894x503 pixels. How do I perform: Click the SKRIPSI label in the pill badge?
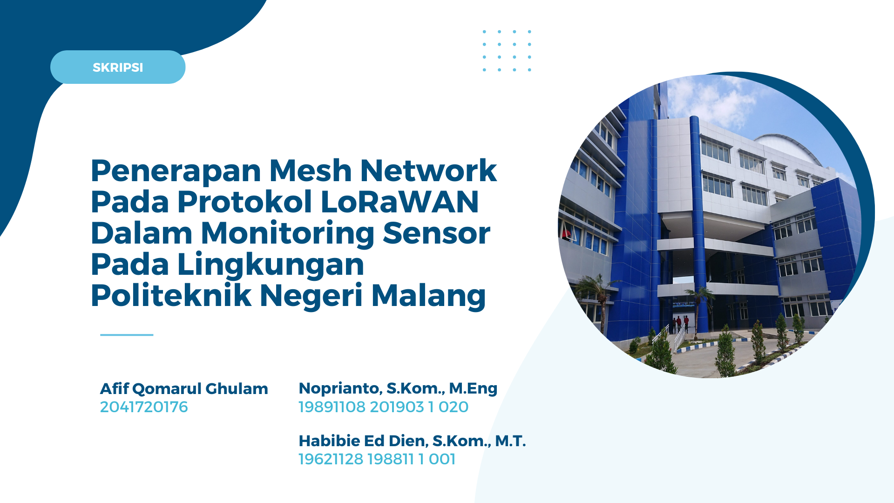coord(118,68)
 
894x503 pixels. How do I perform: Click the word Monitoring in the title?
coord(287,234)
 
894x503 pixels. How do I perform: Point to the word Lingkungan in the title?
coord(271,265)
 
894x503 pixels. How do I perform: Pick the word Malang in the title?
coord(428,297)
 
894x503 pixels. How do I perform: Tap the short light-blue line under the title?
coord(127,334)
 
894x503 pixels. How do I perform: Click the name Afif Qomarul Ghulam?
coord(184,388)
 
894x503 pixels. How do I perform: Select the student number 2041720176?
coord(144,407)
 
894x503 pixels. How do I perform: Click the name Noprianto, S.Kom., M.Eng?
coord(398,388)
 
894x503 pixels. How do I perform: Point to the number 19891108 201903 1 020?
coord(384,407)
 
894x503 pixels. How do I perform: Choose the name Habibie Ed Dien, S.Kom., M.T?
coord(412,441)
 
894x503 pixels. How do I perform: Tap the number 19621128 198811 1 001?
coord(377,459)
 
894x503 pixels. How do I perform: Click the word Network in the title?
coord(428,170)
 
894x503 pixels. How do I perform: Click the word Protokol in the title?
coord(244,202)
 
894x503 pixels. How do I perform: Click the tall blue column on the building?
coord(699,224)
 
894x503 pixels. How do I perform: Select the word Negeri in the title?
coord(311,297)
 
